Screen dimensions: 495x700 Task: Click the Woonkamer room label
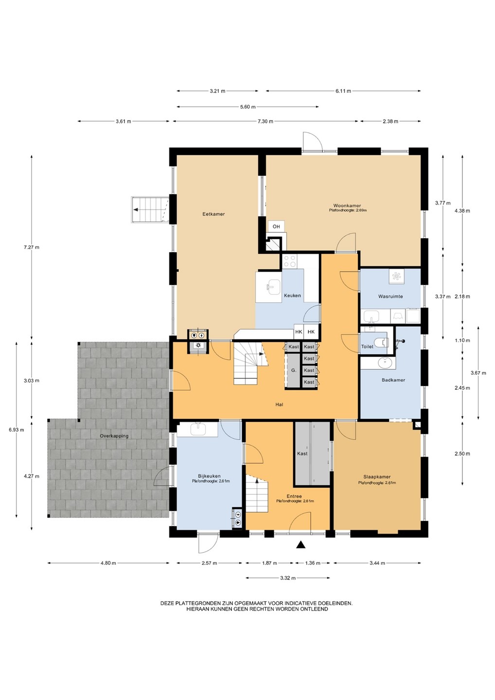(x=347, y=205)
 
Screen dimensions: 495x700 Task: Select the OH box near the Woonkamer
(x=276, y=227)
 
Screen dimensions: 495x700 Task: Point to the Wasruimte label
(x=390, y=296)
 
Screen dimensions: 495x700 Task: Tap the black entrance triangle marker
(x=301, y=544)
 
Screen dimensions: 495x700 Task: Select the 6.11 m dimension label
(x=343, y=91)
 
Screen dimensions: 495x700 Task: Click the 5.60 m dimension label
(x=248, y=107)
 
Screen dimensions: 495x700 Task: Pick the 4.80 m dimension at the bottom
(x=108, y=563)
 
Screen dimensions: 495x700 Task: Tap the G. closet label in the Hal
(x=293, y=370)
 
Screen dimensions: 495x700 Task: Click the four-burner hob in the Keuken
(x=289, y=261)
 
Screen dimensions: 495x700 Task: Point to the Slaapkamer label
(x=377, y=477)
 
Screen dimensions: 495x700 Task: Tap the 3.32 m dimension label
(x=288, y=578)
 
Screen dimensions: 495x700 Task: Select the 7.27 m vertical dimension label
(x=32, y=247)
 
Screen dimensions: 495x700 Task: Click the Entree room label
(x=294, y=496)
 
